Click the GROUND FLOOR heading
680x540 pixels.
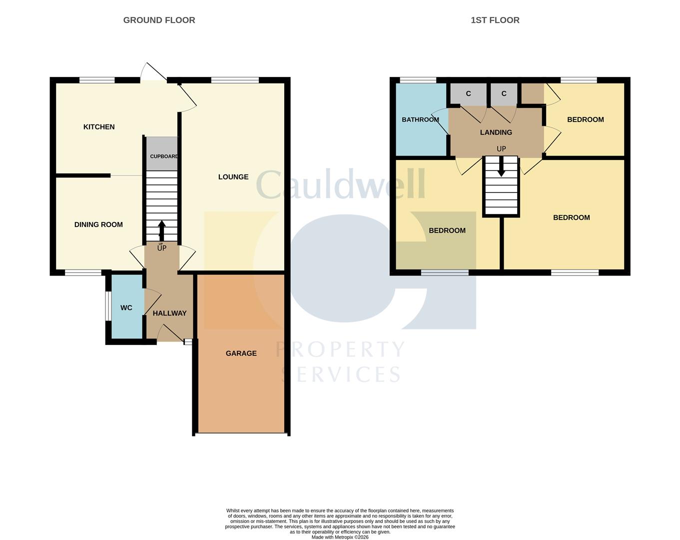tap(159, 20)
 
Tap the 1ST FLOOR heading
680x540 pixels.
tap(495, 20)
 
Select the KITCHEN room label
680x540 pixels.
tap(99, 127)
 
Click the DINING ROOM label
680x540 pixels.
tap(98, 224)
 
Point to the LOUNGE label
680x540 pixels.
tap(233, 177)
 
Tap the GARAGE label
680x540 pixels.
tap(241, 353)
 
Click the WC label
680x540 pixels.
tap(126, 308)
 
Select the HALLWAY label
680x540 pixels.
tap(170, 313)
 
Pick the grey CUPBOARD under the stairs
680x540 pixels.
tap(162, 153)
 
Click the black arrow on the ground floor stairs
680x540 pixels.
tap(161, 230)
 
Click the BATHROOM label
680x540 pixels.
tap(420, 119)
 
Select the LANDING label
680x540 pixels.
tap(496, 132)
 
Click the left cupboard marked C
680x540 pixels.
tap(468, 94)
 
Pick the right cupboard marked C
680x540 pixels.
tap(504, 94)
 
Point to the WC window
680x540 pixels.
tap(108, 306)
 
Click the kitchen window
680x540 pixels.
tap(97, 80)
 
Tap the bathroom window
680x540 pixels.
tap(418, 80)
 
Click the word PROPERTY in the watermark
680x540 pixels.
tap(340, 349)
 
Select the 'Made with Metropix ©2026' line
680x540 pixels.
tap(340, 537)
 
